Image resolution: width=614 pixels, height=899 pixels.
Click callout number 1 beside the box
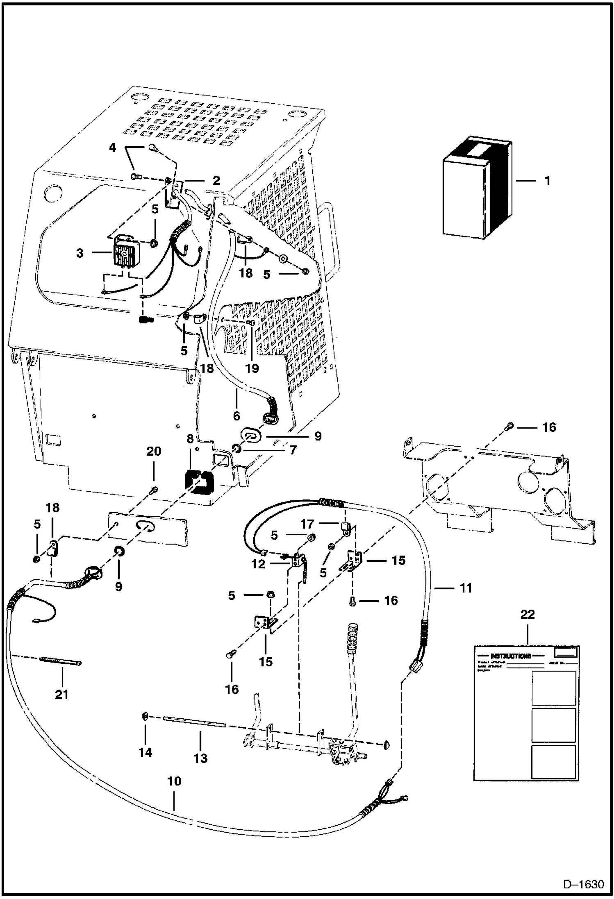coord(547,181)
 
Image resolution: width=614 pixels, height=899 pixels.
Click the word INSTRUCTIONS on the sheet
coord(510,656)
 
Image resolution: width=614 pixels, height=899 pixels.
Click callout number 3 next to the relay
coord(80,253)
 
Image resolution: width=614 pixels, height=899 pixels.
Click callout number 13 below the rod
coord(200,758)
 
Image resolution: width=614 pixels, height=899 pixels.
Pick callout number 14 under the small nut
coord(146,752)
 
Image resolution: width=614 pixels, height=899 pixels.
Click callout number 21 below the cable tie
coord(62,694)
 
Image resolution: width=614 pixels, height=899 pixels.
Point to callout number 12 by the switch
coord(259,564)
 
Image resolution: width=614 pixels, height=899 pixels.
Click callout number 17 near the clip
coord(307,524)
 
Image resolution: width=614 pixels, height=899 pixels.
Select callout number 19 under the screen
coord(252,368)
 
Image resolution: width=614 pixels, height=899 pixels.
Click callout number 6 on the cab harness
coord(237,415)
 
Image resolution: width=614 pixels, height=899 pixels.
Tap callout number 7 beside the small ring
coord(293,450)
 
